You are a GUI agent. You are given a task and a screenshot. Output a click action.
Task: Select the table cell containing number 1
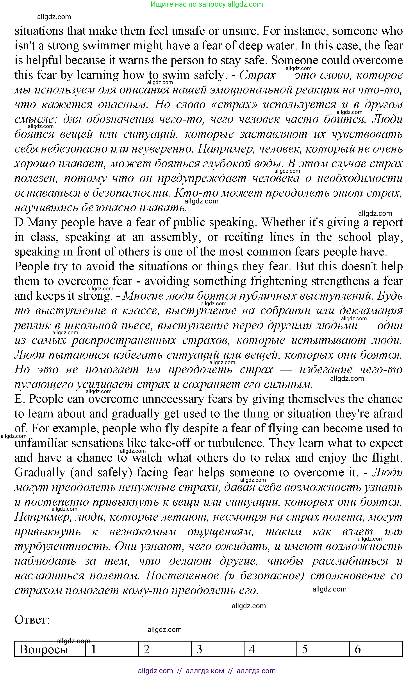pos(112,649)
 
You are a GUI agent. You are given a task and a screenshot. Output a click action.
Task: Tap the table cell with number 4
pos(270,649)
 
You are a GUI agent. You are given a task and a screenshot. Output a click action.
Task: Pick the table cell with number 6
pos(376,649)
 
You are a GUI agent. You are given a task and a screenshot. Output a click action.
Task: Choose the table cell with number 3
pos(218,649)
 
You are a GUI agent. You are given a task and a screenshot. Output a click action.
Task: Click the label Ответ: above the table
pos(32,619)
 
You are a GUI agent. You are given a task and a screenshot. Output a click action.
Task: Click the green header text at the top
pos(207,4)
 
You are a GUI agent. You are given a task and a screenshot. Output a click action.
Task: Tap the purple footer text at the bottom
pos(207,671)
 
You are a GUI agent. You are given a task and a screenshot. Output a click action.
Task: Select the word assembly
pos(174,237)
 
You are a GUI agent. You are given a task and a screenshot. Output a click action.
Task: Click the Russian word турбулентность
pos(62,546)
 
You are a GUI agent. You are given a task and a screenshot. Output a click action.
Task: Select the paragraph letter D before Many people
pos(19,222)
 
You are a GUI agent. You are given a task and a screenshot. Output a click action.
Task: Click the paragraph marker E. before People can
pos(20,399)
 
